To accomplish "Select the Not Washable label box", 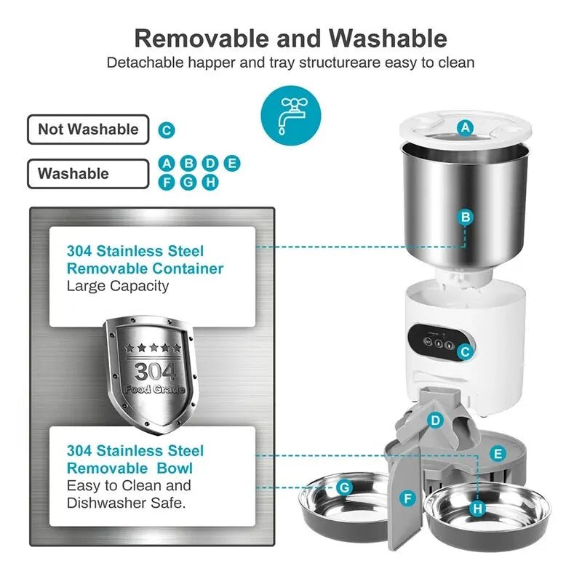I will (88, 129).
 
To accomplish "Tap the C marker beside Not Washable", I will (167, 130).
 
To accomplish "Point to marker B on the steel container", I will (466, 216).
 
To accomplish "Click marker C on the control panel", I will (466, 351).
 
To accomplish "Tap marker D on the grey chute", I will (435, 420).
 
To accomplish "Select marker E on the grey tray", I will (498, 454).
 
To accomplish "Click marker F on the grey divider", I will (408, 498).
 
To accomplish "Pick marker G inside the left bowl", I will (345, 487).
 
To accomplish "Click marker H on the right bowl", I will (477, 509).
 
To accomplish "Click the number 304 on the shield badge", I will (154, 372).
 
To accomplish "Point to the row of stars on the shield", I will (151, 348).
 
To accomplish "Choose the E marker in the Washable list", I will (232, 163).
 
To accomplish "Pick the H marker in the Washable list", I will (210, 182).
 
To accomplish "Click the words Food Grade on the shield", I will (154, 389).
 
